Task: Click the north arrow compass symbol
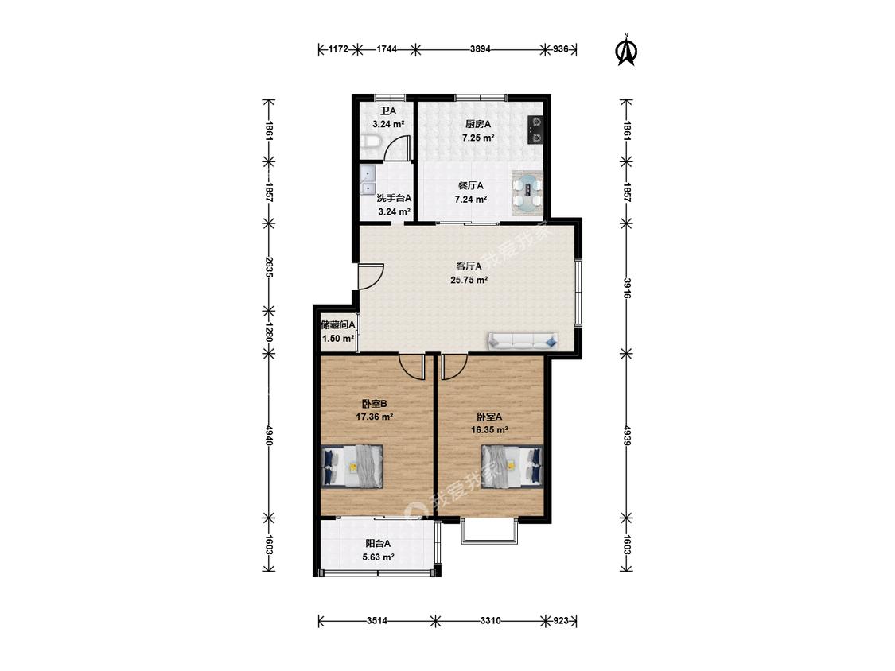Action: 625,51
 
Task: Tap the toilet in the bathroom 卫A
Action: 368,142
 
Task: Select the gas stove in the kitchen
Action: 535,129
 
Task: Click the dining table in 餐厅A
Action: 527,193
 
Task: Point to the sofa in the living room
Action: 522,340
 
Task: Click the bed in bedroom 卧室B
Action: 352,466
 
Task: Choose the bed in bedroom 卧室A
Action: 512,466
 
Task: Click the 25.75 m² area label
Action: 469,280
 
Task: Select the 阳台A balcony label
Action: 378,544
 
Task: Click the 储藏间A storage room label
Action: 338,325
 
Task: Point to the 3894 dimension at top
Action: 480,49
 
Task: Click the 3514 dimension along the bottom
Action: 377,620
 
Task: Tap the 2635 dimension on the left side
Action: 269,267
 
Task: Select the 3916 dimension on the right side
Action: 626,288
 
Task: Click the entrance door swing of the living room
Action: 371,276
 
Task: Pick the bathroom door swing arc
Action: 397,147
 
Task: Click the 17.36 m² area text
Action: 375,417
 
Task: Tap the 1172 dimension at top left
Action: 338,49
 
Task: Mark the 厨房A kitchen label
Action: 478,124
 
